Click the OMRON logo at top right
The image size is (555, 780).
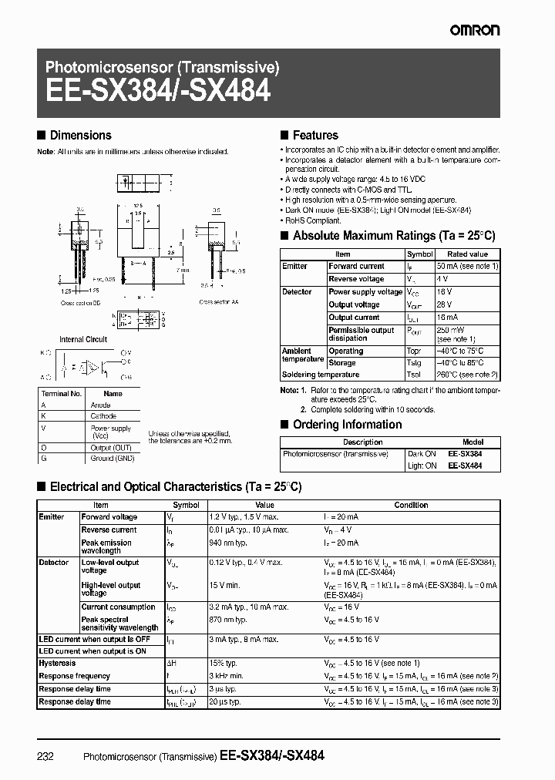pyautogui.click(x=474, y=30)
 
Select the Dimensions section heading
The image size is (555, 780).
pyautogui.click(x=80, y=135)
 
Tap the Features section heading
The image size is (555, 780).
pyautogui.click(x=315, y=135)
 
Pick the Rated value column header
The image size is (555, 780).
pyautogui.click(x=468, y=254)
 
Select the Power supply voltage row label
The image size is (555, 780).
pyautogui.click(x=365, y=292)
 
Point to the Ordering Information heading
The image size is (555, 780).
pyautogui.click(x=347, y=425)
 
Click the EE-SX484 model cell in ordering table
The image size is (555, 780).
pyautogui.click(x=465, y=466)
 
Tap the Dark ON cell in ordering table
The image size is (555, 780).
pyautogui.click(x=422, y=455)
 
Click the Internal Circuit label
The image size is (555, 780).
pyautogui.click(x=83, y=339)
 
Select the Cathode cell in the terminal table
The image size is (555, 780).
pyautogui.click(x=102, y=416)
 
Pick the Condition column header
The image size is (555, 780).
pyautogui.click(x=411, y=506)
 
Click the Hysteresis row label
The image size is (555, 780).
pyautogui.click(x=58, y=663)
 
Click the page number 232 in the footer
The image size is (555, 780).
pyautogui.click(x=45, y=757)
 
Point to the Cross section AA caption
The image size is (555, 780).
pyautogui.click(x=219, y=302)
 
